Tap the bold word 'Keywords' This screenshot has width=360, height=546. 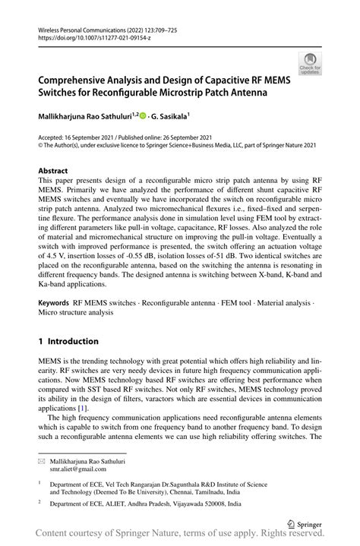click(x=54, y=304)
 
